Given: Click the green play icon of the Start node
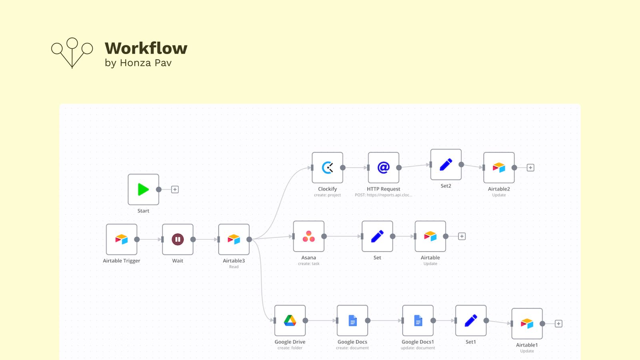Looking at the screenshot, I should pos(143,189).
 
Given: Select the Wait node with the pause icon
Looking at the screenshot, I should pos(178,239).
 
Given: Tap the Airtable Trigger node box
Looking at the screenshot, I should pos(122,239).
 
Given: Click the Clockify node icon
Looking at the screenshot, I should pos(327,168).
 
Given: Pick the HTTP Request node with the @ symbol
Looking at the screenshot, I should pos(383,168).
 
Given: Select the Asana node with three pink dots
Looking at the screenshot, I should pos(308,236).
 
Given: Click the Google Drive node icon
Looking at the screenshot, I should pos(290,320).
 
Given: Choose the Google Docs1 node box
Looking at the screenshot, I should pos(418,320).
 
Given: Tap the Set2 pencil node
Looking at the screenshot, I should pos(446,164).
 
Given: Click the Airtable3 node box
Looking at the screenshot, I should pos(234,239).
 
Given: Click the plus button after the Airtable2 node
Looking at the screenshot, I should pos(530,168).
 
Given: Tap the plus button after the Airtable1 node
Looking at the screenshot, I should pos(558,324).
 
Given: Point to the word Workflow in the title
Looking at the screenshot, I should pos(146,48).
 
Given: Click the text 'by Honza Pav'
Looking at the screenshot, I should pos(138,63).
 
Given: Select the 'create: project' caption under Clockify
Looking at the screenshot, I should pos(327,195).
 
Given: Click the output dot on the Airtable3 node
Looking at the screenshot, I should pos(249,239).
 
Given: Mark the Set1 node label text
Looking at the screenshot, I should pos(470,342).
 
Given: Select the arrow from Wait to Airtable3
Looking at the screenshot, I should pos(206,239).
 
